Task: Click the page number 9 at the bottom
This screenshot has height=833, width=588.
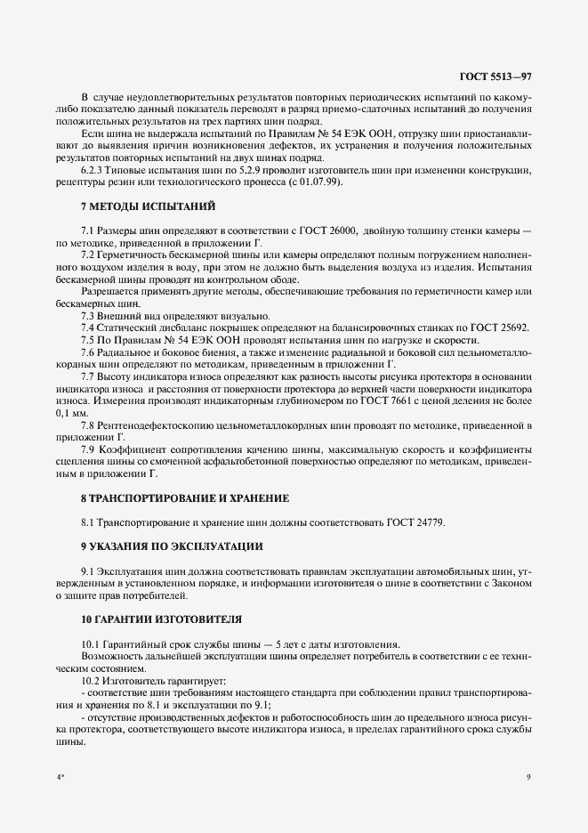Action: (528, 777)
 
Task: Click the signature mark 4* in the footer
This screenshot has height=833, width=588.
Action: (60, 777)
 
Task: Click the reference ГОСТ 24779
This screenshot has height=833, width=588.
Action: (416, 522)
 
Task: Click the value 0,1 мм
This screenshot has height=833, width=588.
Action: (71, 414)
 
